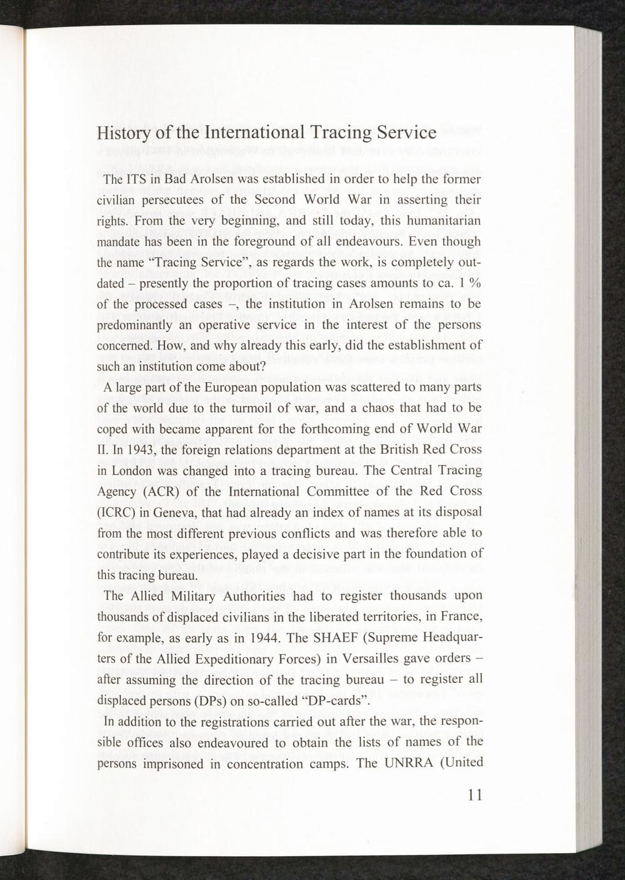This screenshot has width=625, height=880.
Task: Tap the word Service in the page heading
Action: click(x=407, y=133)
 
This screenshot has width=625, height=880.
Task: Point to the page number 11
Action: click(x=474, y=796)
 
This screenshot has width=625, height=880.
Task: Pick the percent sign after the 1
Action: click(x=476, y=283)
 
